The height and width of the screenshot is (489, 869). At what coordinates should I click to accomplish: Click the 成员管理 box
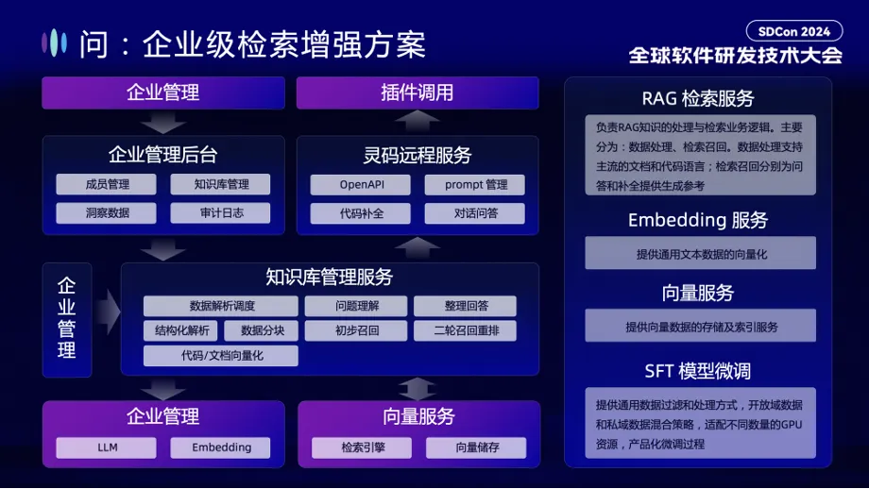pos(107,184)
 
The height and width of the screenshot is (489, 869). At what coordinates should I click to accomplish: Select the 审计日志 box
pos(221,213)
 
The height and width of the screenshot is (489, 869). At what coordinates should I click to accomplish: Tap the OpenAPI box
pos(362,184)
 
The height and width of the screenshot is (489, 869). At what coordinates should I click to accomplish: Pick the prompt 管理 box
pos(475,184)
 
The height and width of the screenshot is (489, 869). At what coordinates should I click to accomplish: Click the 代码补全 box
pos(362,213)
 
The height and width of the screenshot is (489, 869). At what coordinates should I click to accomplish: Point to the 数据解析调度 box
pos(221,306)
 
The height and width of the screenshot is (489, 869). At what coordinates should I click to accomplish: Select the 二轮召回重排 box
pos(465,330)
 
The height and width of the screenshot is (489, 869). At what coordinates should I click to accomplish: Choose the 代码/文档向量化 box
pos(221,356)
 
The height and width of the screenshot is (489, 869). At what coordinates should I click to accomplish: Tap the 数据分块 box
pos(262,330)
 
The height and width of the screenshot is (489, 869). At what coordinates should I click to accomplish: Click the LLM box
pos(107,447)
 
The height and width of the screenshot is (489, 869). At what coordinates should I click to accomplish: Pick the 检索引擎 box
pos(363,447)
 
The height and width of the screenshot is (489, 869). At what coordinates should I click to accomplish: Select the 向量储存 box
pos(475,447)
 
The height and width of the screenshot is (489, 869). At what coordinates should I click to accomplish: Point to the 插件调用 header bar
pos(417,93)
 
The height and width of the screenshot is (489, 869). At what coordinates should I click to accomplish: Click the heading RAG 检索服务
pos(698,98)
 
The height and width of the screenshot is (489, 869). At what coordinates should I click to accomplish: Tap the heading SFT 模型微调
pos(698,370)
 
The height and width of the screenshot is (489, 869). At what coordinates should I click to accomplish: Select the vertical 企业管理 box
pos(67,319)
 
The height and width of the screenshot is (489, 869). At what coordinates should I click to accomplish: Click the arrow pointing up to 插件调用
pos(417,121)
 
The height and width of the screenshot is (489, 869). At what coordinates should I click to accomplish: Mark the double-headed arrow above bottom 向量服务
pos(417,388)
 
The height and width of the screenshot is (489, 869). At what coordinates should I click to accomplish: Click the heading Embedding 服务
pos(698,220)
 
